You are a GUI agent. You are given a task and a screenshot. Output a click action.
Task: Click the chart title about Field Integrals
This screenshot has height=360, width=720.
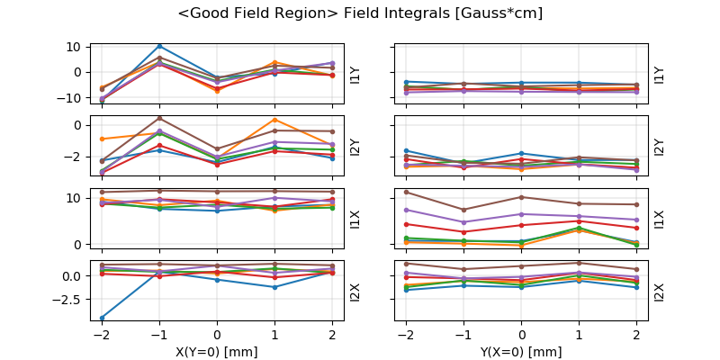click(360, 13)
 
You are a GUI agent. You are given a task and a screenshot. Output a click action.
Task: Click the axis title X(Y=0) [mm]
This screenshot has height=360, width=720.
click(217, 352)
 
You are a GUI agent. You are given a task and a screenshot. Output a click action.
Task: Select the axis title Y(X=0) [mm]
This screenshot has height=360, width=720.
click(521, 352)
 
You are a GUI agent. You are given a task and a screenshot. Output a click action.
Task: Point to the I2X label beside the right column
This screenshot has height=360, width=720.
click(659, 291)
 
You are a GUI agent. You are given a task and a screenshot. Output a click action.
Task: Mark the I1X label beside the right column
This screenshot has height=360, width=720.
click(659, 219)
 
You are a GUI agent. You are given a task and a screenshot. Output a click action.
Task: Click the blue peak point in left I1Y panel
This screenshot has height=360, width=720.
click(159, 46)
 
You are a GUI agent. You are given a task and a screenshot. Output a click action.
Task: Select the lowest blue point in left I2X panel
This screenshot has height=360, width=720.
click(102, 318)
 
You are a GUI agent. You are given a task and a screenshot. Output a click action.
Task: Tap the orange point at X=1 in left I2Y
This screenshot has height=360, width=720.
click(274, 120)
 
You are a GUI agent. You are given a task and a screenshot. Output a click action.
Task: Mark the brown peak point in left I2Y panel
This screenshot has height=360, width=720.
click(159, 118)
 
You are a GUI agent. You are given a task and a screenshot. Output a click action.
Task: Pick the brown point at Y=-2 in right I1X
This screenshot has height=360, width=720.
click(406, 192)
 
